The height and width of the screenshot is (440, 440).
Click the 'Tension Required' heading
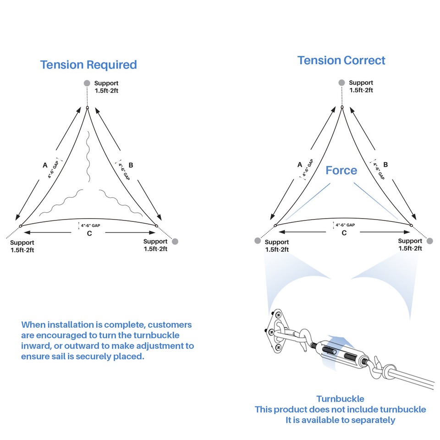coord(88,65)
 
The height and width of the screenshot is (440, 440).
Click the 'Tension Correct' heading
coord(341,60)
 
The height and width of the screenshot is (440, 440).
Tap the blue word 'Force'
coord(341,170)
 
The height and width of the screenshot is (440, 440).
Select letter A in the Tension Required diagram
coord(45,165)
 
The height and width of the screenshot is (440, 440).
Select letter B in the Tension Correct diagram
coord(385,165)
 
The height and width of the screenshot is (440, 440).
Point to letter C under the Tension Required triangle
coord(89,233)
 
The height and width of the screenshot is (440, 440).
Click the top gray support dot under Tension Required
coord(87,83)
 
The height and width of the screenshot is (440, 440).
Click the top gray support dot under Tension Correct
coord(341,82)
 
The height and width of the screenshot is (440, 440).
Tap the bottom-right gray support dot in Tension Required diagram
coord(175,242)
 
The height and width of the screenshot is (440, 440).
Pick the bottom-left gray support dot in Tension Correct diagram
coord(258,241)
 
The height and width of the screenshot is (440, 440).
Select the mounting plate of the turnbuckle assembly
coord(274,331)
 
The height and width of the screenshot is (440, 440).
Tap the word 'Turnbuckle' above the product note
coord(341,399)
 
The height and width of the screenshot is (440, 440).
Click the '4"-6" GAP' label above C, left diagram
coord(90,225)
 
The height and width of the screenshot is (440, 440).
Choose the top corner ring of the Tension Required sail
coord(87,107)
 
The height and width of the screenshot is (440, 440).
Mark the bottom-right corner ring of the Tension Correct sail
coord(412,225)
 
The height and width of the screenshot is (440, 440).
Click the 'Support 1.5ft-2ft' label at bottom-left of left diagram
coord(22,247)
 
